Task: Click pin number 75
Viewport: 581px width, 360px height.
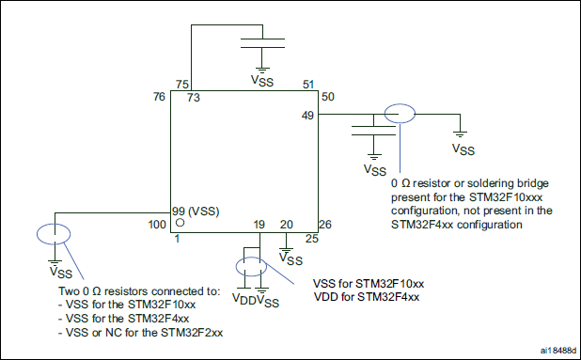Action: (x=182, y=85)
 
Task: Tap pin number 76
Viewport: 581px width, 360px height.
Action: (x=159, y=97)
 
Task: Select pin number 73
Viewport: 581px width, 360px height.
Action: (x=193, y=97)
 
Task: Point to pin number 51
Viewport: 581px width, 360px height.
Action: (x=306, y=85)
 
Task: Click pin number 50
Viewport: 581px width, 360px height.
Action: (x=327, y=97)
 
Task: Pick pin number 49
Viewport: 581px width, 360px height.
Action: (x=306, y=115)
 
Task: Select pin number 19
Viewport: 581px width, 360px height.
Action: (x=259, y=225)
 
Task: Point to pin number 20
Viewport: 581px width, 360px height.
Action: (x=286, y=225)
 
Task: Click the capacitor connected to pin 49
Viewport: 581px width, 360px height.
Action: (x=373, y=127)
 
